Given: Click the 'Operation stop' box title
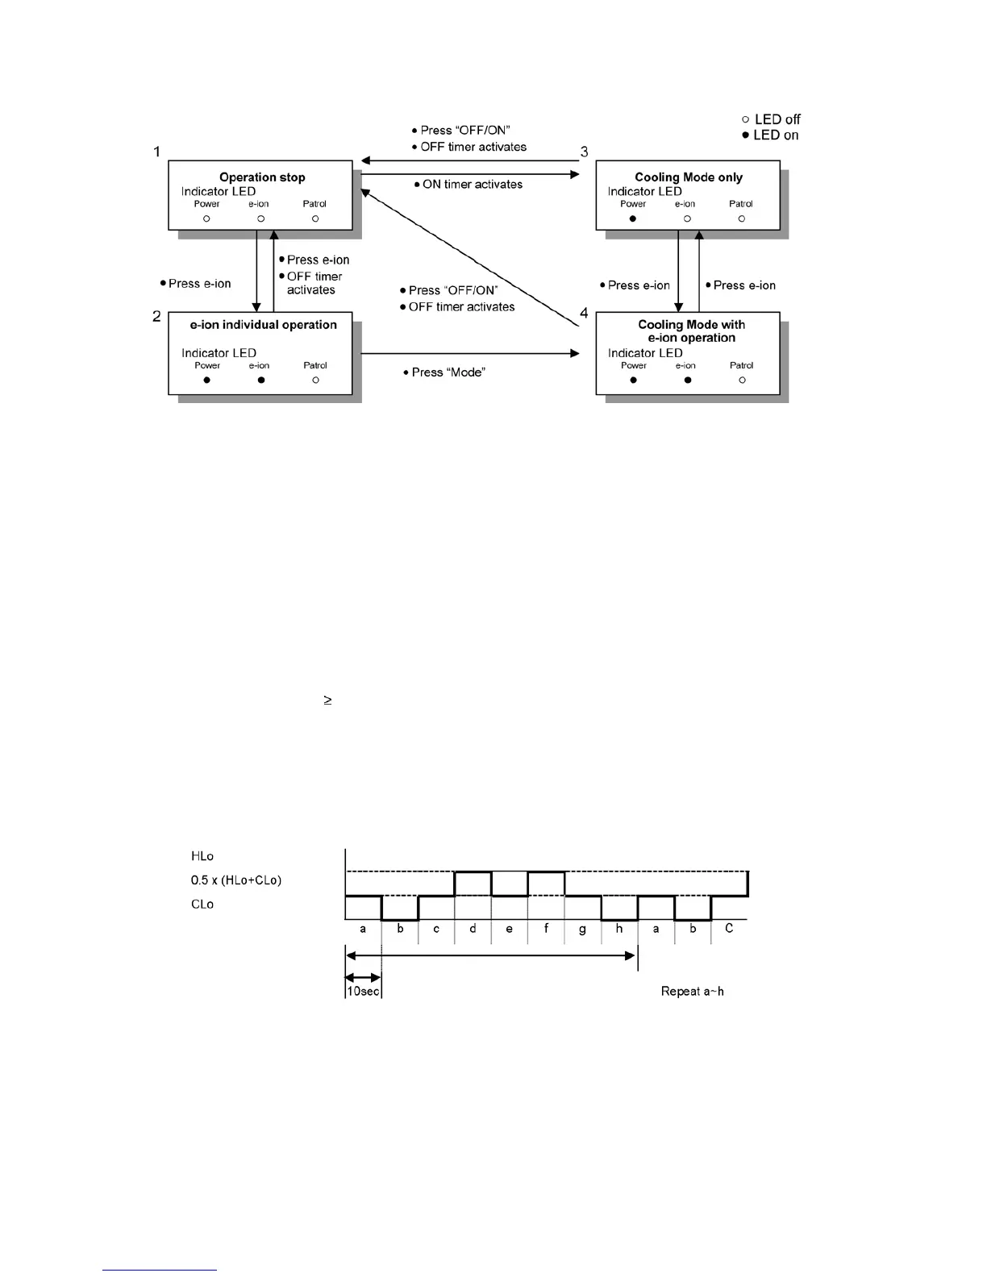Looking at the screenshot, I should pos(262,177).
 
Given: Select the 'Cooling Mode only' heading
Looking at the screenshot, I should pos(689,177).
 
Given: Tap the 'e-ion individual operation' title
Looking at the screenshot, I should pos(263,325).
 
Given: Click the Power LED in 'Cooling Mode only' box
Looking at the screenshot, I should pos(633,218).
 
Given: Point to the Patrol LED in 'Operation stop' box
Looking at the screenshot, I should pos(315,218).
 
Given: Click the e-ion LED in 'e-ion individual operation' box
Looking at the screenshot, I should pos(260,380).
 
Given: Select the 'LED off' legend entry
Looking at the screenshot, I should pos(771,119).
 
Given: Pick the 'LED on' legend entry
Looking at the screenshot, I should pos(770,135).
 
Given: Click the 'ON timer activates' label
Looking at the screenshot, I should pos(472,185).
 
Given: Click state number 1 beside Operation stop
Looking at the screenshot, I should pos(157,152).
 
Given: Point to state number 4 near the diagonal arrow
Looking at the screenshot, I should pos(584,314).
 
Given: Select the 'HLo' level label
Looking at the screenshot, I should pos(202,856).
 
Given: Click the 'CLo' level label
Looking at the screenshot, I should pos(202,905).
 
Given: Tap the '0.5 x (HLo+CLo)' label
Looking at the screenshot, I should pos(236,880).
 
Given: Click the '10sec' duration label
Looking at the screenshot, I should pos(363,992).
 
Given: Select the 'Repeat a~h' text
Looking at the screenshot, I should pos(692,992).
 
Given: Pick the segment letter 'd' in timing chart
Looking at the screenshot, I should pos(473,929).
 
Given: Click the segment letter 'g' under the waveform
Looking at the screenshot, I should pos(582,930).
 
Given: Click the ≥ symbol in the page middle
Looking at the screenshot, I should pos(328,701).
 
